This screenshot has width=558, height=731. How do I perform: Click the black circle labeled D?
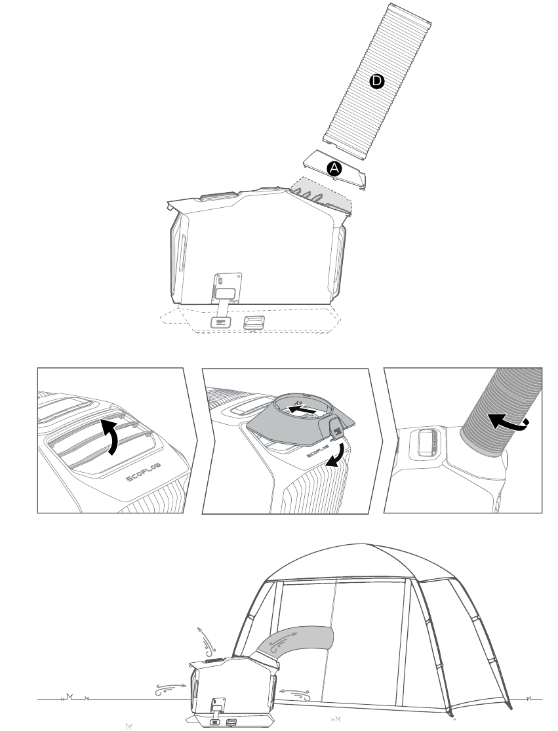point(376,81)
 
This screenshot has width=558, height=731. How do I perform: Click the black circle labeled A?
point(334,168)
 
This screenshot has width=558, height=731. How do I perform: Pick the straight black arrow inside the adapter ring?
point(302,410)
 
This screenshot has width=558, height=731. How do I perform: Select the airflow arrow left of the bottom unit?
point(170,689)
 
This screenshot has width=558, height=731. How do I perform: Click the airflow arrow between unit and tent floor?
point(295,694)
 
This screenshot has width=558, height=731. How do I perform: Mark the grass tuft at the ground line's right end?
point(529,698)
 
